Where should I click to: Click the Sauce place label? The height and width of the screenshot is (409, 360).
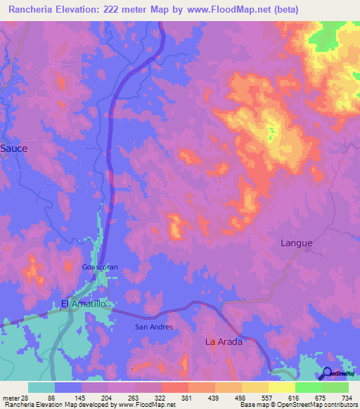(13, 148)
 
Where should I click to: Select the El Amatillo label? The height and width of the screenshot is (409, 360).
(83, 304)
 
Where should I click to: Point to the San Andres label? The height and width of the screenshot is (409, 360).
(153, 327)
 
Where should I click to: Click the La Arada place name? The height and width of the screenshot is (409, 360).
(224, 342)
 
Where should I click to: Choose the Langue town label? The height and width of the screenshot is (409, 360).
(296, 243)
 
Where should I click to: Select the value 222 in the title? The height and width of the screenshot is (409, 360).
(122, 10)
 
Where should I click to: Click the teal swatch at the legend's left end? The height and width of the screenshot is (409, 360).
(41, 387)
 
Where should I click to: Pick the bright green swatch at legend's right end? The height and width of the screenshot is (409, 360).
(335, 387)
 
